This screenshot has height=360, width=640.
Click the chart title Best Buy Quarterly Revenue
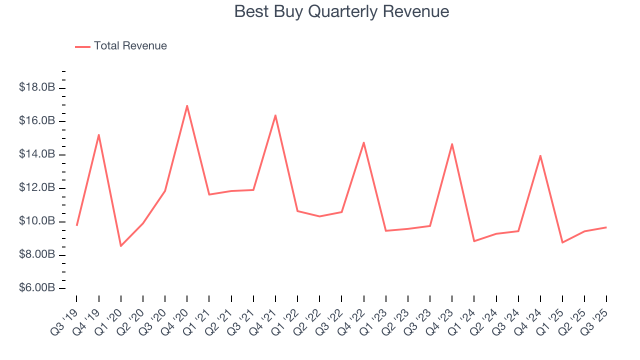341,11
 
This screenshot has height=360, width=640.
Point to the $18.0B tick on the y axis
37,88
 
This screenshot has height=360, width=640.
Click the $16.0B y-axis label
37,121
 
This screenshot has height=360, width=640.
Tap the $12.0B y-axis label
37,188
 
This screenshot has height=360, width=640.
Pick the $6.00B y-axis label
37,288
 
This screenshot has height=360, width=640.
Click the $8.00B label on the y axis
37,255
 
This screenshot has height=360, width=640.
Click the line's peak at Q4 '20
187,105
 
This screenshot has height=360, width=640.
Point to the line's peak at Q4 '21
275,115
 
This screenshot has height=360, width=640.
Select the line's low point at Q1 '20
121,246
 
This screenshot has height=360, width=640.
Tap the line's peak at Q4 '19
99,134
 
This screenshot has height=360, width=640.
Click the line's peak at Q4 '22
363,142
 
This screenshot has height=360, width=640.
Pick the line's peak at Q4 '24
540,155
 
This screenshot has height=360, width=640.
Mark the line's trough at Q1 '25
562,242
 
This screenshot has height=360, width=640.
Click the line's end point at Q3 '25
606,227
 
